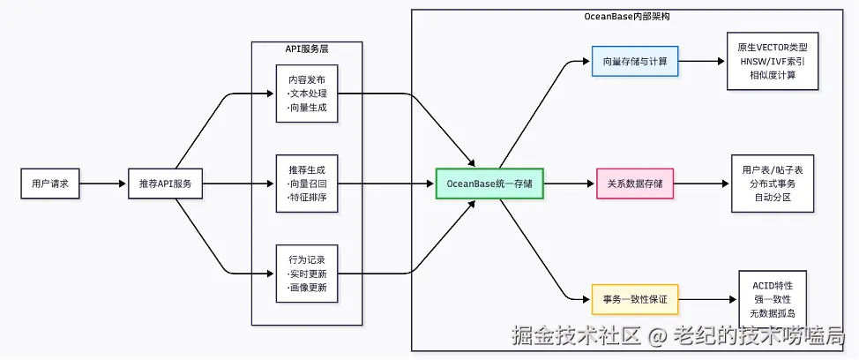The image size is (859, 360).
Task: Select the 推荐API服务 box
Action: (x=166, y=184)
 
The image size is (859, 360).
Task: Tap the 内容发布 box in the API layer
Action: (x=307, y=93)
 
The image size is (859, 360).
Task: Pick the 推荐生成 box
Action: (x=307, y=184)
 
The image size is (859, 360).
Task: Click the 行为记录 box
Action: (x=307, y=274)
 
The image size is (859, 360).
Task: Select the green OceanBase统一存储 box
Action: (x=489, y=184)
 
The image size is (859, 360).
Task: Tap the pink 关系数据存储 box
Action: (x=635, y=184)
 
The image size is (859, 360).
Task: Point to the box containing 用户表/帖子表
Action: (x=773, y=184)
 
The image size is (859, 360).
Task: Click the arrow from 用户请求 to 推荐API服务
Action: (x=104, y=184)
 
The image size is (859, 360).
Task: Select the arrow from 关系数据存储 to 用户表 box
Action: (x=702, y=184)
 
